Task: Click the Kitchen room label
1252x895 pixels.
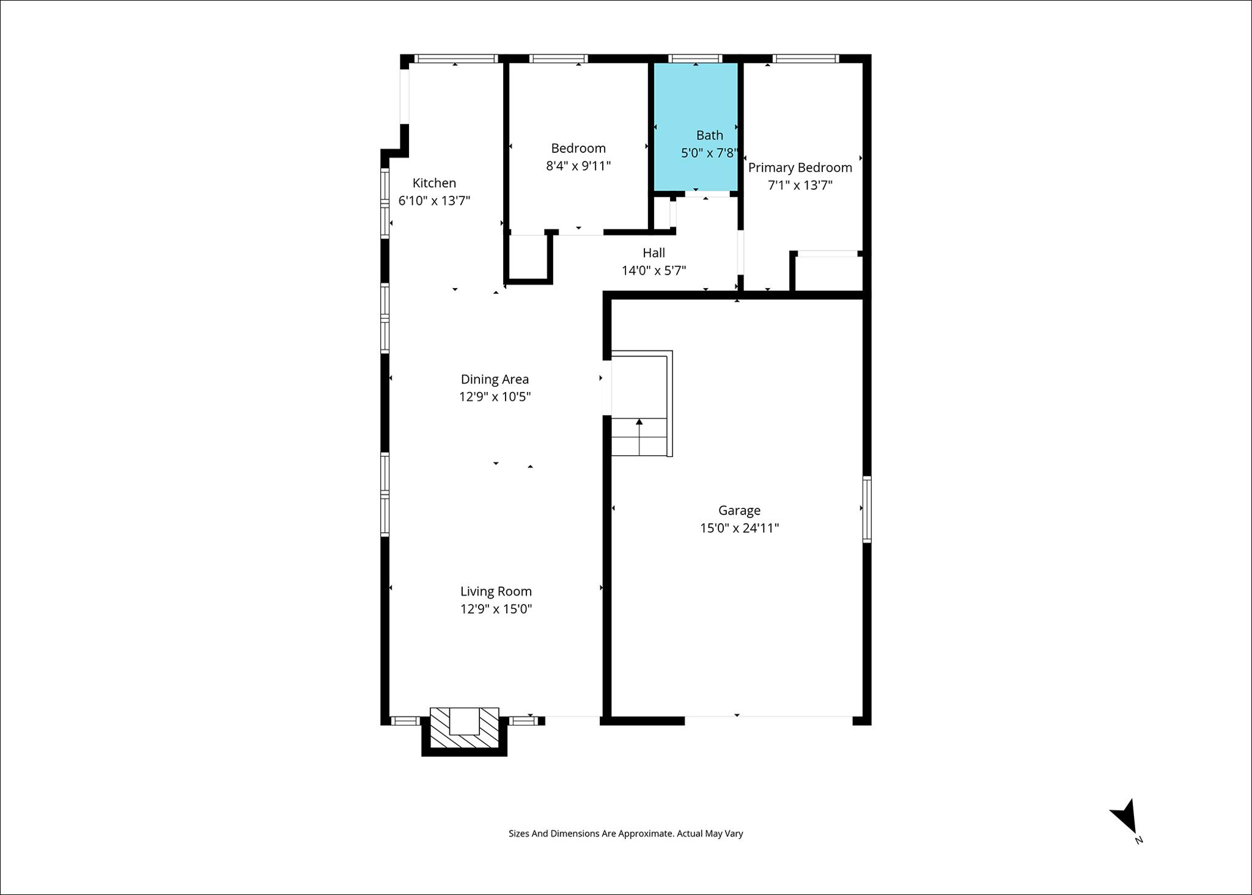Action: [434, 183]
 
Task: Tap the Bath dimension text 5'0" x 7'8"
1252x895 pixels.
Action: [710, 153]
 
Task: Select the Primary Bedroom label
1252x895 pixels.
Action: [800, 168]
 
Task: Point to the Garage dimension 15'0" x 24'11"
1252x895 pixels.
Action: [740, 528]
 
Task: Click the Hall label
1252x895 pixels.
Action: [654, 253]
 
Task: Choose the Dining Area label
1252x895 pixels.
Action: [495, 379]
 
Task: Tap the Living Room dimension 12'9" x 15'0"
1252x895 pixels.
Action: [496, 609]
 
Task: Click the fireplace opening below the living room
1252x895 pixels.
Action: [465, 721]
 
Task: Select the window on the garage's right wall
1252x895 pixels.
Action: [867, 509]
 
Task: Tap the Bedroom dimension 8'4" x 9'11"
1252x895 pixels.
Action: [578, 166]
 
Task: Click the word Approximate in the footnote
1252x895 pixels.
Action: [645, 833]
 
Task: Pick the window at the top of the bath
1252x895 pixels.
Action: [695, 59]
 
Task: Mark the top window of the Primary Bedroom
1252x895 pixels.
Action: [806, 59]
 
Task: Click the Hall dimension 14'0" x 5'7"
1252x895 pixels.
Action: [654, 270]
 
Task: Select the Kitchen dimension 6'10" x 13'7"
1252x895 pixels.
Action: [434, 201]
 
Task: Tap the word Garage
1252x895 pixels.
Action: [739, 510]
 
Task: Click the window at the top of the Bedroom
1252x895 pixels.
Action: [559, 59]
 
